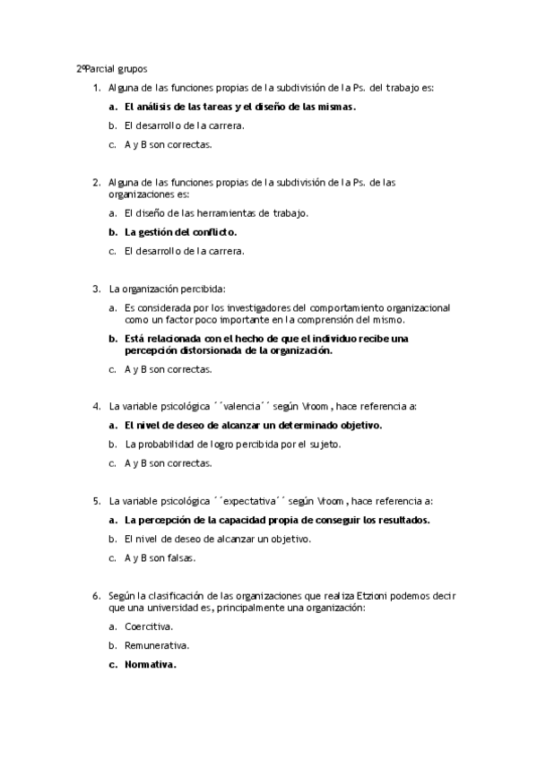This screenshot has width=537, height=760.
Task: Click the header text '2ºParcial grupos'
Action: click(111, 68)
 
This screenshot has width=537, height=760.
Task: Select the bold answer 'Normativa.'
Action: click(151, 664)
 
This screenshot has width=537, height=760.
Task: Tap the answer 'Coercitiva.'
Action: click(149, 626)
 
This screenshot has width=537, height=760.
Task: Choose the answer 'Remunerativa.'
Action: click(157, 645)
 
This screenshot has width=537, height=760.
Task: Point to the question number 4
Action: click(96, 406)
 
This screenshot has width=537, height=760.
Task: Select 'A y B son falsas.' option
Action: click(160, 557)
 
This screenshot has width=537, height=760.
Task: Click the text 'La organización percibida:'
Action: click(167, 289)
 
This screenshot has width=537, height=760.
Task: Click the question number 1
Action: click(96, 88)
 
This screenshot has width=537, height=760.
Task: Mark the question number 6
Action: click(96, 595)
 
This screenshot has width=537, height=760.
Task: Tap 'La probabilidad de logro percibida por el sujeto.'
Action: click(232, 444)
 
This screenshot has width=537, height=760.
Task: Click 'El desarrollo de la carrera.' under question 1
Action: click(185, 125)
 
